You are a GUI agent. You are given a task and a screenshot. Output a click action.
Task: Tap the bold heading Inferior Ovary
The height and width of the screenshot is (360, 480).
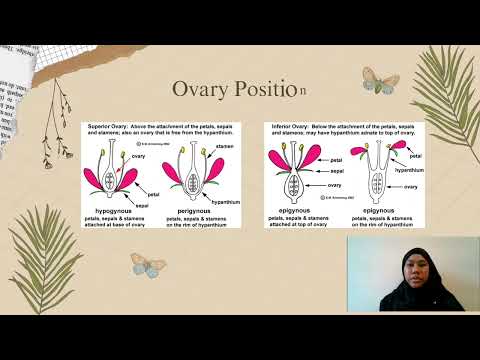tap(290, 127)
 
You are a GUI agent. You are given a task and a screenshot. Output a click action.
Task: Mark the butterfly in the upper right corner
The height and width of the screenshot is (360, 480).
tap(381, 80)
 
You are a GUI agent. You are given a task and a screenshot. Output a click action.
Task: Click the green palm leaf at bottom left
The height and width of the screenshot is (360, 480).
tap(45, 270)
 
